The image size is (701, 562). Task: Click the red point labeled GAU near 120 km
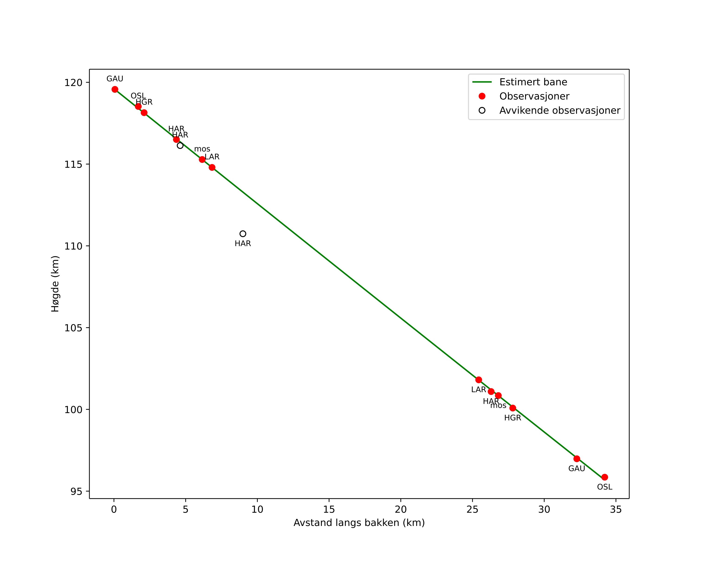click(x=115, y=89)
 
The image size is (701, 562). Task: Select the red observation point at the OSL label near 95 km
click(x=604, y=477)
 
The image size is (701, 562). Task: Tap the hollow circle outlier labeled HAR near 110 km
click(x=243, y=234)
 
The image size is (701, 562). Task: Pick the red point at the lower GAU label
click(x=577, y=459)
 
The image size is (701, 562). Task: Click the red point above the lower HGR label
click(x=513, y=408)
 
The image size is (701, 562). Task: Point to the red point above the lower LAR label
click(x=479, y=380)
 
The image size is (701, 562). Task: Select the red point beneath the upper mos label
click(x=202, y=159)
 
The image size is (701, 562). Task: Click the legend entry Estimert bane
click(x=533, y=82)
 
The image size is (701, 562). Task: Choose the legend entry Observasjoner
click(x=534, y=96)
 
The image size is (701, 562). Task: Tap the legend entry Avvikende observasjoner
click(x=560, y=111)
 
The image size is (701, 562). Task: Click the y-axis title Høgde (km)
click(x=55, y=284)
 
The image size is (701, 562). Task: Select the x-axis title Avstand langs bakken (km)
click(x=359, y=523)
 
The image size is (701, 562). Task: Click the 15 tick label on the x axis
click(x=329, y=510)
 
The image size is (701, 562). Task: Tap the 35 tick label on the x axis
click(x=616, y=510)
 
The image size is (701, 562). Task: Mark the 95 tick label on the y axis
click(x=76, y=491)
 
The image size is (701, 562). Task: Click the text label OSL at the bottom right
click(x=604, y=487)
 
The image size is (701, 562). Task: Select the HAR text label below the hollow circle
click(x=243, y=244)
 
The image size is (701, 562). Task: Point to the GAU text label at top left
click(x=115, y=79)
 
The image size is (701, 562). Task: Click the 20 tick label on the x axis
click(x=401, y=510)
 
